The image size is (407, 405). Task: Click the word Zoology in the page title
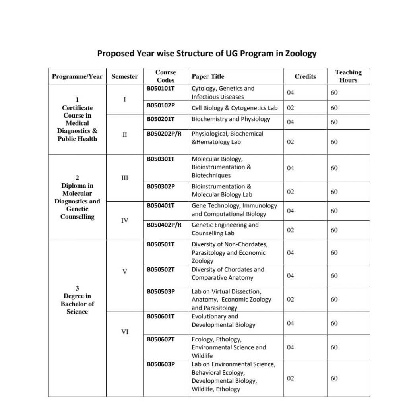click(x=300, y=54)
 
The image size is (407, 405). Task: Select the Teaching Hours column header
click(x=348, y=76)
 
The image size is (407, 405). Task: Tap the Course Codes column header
click(x=165, y=76)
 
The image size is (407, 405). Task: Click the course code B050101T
click(x=161, y=88)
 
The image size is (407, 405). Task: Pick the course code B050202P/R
click(x=164, y=134)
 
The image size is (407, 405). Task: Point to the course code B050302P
click(x=161, y=186)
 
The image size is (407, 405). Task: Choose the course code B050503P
click(x=161, y=291)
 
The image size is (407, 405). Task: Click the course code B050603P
click(x=161, y=364)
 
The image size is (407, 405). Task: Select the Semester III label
click(x=124, y=178)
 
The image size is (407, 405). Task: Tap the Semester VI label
click(x=124, y=332)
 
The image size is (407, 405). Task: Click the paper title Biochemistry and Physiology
click(x=231, y=119)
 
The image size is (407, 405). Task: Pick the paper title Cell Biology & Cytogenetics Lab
click(x=235, y=108)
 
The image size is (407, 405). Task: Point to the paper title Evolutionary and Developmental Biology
click(x=223, y=321)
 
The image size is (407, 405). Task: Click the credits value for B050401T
click(x=291, y=211)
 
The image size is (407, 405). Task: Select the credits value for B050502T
click(x=291, y=275)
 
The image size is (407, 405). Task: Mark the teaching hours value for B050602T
click(x=334, y=347)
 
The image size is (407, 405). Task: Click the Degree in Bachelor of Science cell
click(x=77, y=300)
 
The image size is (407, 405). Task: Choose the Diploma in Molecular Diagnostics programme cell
click(x=77, y=197)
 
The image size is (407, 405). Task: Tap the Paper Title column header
click(x=208, y=76)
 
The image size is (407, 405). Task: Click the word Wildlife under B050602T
click(x=202, y=356)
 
